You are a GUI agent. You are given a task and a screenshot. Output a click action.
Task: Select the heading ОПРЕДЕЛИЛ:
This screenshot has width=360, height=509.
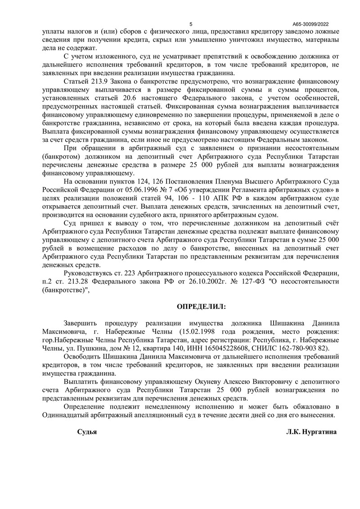coord(202,306)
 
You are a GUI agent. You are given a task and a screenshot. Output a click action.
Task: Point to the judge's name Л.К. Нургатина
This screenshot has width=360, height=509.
coord(311,431)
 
